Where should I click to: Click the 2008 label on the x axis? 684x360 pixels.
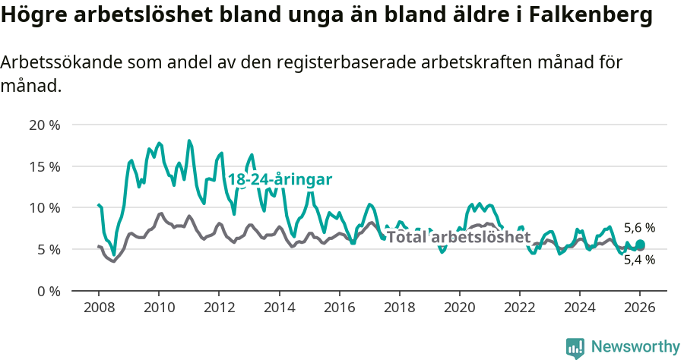coord(99,308)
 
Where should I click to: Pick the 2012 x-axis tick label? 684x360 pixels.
coord(219,308)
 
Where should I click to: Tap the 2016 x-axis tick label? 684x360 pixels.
coord(339,308)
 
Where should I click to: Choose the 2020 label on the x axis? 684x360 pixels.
coord(459,308)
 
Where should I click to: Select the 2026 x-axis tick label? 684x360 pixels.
coord(640,308)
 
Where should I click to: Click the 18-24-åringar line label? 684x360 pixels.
coord(280,180)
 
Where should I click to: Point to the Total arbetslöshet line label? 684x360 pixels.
coord(458,237)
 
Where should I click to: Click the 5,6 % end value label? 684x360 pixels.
coord(639,228)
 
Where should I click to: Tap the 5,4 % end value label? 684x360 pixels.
coord(639,260)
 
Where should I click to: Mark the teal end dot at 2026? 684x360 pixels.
coord(640,245)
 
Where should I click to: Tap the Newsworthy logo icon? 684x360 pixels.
coord(575,348)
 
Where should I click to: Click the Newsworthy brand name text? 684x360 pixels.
coord(635,347)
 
